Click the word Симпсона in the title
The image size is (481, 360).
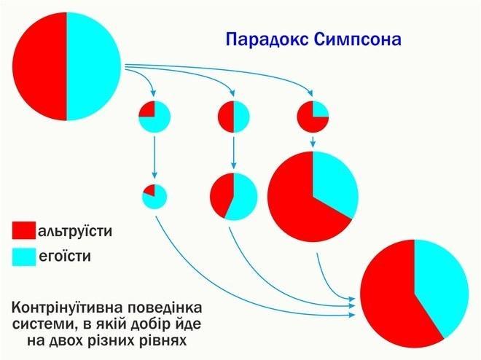pos(358,39)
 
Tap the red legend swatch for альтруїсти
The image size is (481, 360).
pos(24,230)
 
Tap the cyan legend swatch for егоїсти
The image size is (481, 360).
pos(24,257)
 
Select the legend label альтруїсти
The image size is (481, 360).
pos(75,231)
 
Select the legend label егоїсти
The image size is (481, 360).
pos(65,257)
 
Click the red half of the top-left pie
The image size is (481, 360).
pos(39,66)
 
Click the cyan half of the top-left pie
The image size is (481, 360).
pos(94,66)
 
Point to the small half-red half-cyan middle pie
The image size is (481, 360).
pos(234,117)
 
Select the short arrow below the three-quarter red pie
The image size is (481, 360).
pos(313,141)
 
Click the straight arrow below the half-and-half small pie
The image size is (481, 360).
pos(234,152)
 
